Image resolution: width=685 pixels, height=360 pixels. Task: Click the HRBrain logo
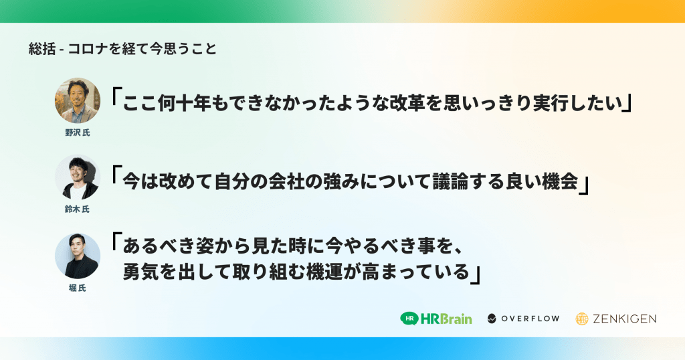click(436, 319)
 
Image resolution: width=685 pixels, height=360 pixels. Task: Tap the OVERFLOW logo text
click(530, 319)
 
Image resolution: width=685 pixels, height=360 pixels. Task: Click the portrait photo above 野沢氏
click(78, 100)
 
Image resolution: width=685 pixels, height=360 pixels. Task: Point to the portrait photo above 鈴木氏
click(78, 177)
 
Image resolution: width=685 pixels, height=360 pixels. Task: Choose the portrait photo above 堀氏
click(78, 256)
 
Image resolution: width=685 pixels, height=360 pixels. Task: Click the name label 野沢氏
click(78, 132)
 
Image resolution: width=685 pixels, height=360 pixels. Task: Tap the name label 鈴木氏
click(78, 209)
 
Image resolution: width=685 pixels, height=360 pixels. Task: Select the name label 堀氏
click(78, 288)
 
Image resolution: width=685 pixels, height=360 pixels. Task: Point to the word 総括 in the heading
click(42, 48)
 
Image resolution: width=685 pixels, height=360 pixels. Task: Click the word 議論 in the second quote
click(450, 181)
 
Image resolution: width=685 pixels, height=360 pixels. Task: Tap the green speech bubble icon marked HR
click(409, 319)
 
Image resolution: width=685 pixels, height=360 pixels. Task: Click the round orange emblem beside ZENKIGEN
click(582, 319)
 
